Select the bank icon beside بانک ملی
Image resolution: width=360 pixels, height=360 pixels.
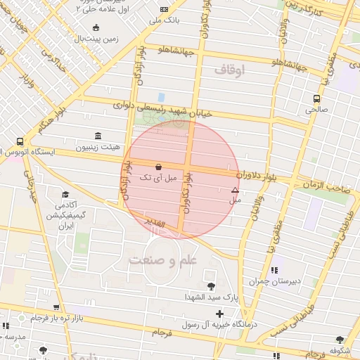[164, 10]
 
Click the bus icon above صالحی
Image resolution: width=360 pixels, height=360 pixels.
[316, 99]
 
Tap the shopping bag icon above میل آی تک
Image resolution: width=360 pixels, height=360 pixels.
[157, 167]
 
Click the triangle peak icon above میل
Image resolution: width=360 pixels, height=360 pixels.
[235, 190]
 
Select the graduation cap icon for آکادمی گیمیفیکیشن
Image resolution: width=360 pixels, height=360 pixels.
[65, 195]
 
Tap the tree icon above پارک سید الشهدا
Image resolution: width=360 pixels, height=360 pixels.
[211, 285]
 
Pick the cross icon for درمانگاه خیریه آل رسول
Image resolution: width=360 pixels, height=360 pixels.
[220, 313]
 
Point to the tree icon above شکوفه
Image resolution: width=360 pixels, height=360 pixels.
[340, 339]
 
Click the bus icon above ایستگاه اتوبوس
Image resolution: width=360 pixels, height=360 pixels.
[19, 141]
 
